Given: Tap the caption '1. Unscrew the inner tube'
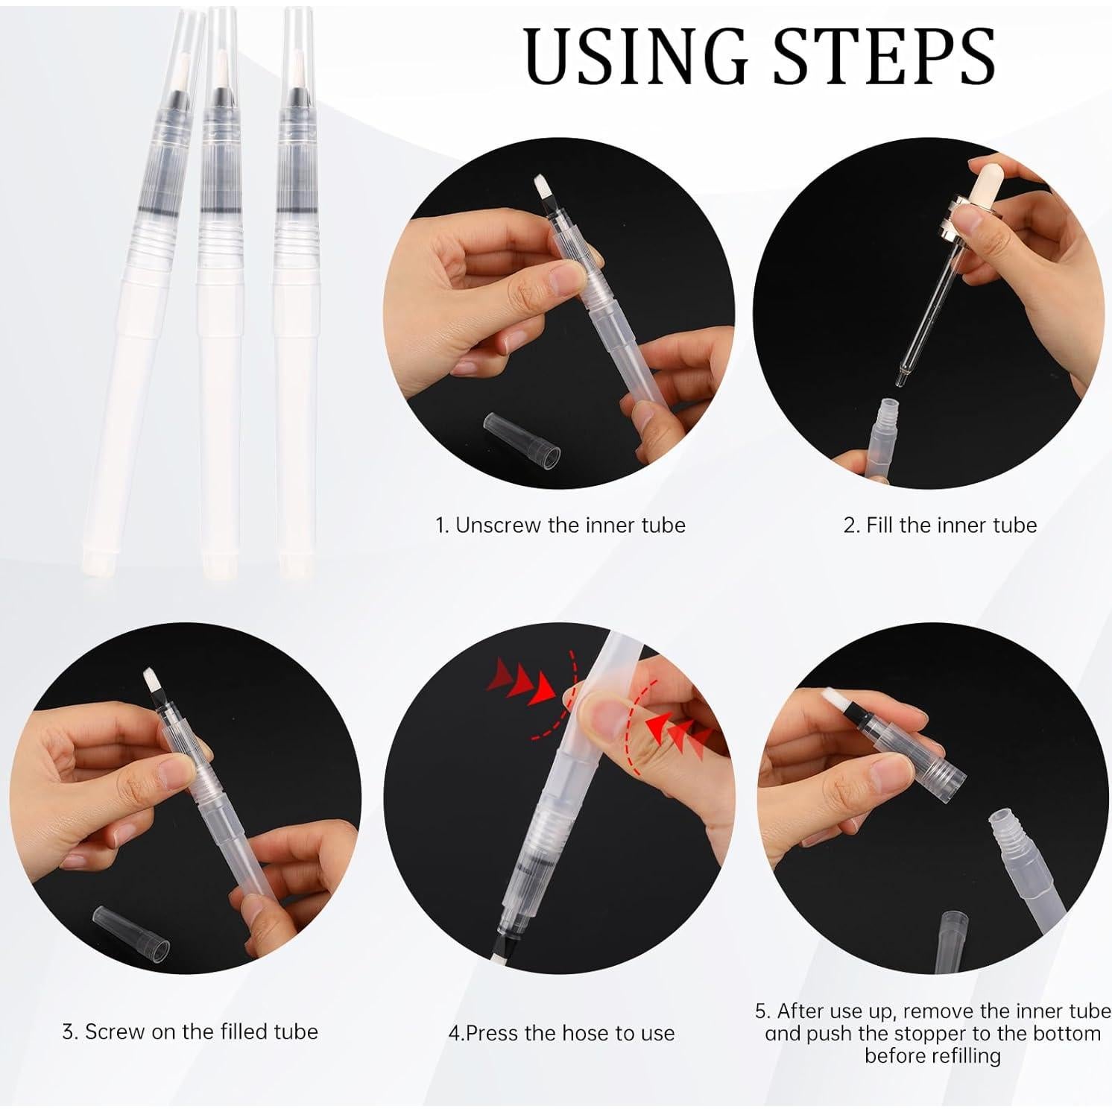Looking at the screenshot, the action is pyautogui.click(x=560, y=525).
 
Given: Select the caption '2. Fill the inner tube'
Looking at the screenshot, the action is pyautogui.click(x=940, y=525).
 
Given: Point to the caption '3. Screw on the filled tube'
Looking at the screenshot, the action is pyautogui.click(x=190, y=1032).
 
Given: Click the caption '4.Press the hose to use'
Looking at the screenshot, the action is pyautogui.click(x=561, y=1033).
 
